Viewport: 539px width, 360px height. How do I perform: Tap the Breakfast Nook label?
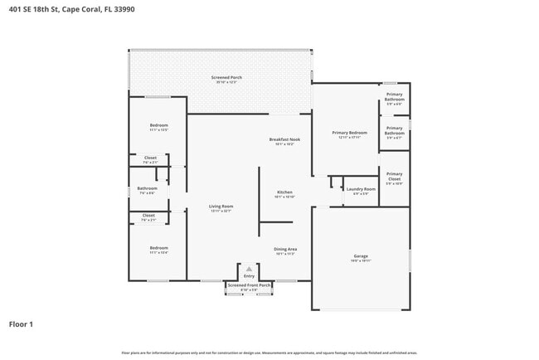284,139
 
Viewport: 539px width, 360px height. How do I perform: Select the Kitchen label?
284,192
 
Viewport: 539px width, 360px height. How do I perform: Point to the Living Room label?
220,206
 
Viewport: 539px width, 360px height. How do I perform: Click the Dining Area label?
285,249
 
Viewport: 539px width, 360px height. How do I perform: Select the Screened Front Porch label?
249,285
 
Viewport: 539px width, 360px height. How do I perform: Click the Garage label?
361,256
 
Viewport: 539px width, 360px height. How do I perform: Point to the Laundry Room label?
361,189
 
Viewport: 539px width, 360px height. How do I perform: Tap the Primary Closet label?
394,176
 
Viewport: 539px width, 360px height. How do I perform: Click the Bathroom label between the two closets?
147,188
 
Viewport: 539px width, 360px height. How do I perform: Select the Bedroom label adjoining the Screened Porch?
158,125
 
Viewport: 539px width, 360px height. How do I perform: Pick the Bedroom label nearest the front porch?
158,248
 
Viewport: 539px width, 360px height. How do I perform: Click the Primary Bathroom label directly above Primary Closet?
394,132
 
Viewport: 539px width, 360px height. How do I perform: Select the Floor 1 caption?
21,324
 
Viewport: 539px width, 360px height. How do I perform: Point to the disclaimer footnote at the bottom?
269,353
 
